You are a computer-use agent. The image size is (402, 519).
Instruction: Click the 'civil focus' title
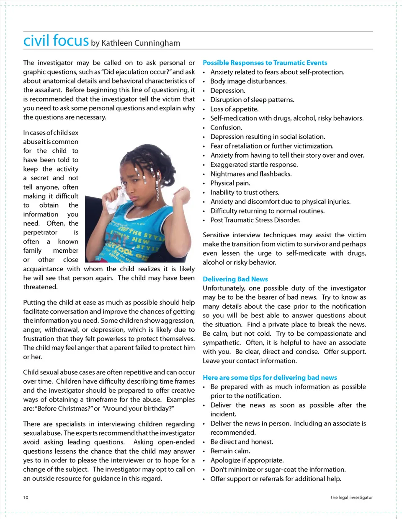coord(56,41)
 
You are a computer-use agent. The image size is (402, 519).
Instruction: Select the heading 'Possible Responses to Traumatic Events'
coord(265,63)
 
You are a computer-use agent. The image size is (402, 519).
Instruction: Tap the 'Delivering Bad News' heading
coord(235,279)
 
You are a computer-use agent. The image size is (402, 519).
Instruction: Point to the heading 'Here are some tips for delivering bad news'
coord(270,378)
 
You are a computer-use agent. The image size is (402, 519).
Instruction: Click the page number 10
coord(26,498)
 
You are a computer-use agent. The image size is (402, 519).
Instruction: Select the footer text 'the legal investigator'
coord(351,498)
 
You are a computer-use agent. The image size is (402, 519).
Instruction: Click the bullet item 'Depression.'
coord(227,91)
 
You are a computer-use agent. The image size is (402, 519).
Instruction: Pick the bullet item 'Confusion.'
coord(226,127)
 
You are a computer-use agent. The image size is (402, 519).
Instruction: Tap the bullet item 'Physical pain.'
coord(230,183)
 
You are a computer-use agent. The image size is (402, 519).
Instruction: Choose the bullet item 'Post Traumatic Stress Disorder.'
coord(255,220)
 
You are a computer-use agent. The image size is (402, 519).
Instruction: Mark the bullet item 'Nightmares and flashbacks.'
coord(251,174)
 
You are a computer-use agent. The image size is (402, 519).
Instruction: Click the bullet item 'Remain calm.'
coord(230,451)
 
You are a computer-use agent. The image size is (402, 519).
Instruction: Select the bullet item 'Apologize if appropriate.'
coord(247,460)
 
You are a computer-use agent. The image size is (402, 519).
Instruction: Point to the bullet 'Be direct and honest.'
coord(242,442)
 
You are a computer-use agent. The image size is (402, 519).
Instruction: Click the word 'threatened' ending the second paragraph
coord(40,287)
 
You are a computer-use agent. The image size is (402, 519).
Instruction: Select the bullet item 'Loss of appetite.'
coord(234,109)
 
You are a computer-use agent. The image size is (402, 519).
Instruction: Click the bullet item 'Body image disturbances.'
coord(248,81)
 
